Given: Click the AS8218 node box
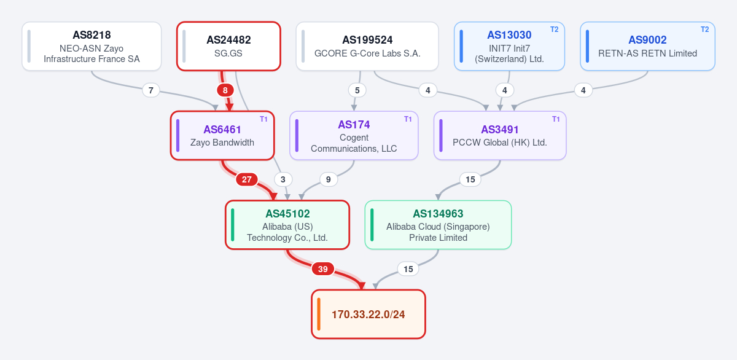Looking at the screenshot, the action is coord(92,46).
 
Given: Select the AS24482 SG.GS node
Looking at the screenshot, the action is coord(228,46).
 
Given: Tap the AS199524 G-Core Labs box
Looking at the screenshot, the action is coord(367,46).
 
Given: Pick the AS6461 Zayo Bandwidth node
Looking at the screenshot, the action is coord(222,136).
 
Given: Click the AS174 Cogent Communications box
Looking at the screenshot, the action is coord(354,136).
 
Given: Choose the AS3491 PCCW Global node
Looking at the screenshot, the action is coord(500,136).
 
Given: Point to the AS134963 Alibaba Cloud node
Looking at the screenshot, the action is coord(439,225).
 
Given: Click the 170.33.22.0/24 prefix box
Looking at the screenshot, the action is coord(368,315).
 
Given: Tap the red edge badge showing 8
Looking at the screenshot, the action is coord(225,90).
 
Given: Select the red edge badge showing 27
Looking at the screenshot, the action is coord(247,179).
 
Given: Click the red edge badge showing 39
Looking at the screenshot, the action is coord(323,269).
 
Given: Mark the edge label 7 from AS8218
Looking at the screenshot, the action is coord(151,90).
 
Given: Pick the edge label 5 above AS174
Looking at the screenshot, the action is coord(357,90).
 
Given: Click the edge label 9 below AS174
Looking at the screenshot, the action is coord(329,179).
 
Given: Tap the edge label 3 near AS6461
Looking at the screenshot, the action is coord(283,179).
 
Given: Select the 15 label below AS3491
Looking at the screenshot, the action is coord(470,179).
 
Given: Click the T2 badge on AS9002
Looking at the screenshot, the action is coord(705,29).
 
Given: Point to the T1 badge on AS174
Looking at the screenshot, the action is coord(408,119).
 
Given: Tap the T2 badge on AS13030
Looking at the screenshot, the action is coord(555,29).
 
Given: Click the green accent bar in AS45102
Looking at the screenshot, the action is coord(233,225).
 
